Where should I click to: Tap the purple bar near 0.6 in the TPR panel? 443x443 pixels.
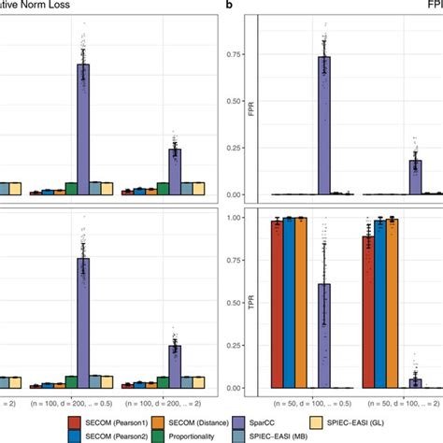(324, 336)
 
